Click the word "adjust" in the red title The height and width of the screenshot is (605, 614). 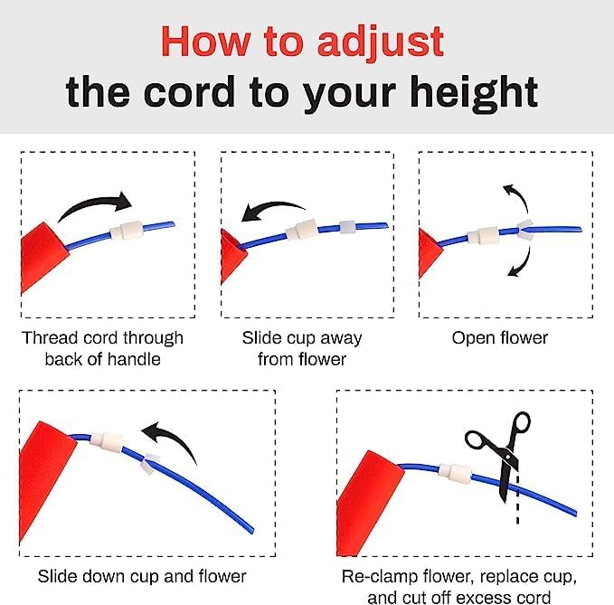[x=380, y=42]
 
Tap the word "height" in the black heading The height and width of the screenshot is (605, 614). [x=474, y=93]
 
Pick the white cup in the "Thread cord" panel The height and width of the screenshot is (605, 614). [x=126, y=231]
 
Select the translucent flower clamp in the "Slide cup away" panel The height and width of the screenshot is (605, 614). [x=347, y=228]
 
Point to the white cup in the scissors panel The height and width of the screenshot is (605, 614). [x=454, y=471]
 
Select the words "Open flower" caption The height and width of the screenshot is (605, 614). [x=500, y=338]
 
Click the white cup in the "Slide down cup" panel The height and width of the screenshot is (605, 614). [x=107, y=442]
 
